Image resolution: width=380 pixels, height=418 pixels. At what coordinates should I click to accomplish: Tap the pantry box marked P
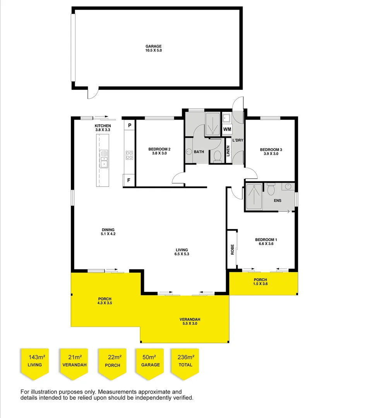click(130, 125)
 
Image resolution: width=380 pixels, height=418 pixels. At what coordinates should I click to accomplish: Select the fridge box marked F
click(129, 180)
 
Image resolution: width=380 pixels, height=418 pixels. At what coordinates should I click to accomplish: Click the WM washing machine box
click(227, 129)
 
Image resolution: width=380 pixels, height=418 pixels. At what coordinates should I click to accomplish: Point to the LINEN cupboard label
click(228, 151)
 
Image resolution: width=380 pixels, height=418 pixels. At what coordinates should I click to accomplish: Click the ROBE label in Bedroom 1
click(232, 250)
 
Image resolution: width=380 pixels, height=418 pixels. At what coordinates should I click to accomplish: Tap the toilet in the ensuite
click(271, 189)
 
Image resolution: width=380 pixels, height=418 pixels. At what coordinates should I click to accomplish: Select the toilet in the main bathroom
click(217, 156)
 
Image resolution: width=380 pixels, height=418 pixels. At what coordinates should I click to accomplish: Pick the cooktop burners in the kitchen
click(129, 155)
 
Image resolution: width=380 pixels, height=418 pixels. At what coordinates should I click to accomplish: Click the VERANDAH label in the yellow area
click(190, 319)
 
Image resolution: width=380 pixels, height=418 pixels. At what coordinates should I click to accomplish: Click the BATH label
click(199, 152)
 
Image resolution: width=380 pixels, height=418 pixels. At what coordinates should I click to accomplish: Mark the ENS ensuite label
click(277, 200)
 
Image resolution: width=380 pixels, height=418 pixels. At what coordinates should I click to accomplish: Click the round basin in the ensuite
click(288, 187)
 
